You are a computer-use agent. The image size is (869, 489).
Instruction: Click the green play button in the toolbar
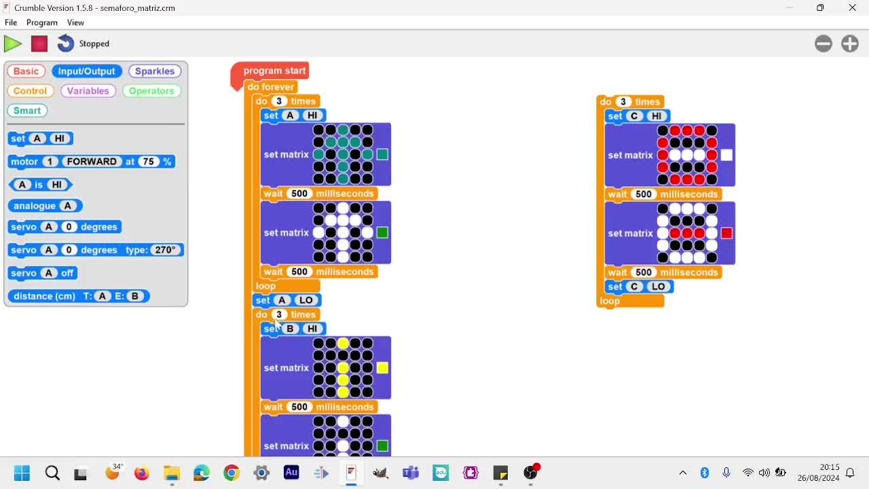[12, 43]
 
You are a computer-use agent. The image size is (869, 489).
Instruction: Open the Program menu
[42, 22]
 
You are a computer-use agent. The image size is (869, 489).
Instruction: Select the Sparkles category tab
[154, 71]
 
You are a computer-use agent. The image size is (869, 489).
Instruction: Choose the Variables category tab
[88, 91]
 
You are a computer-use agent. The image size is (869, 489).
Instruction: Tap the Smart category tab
[27, 111]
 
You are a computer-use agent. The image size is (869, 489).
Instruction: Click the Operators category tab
[151, 91]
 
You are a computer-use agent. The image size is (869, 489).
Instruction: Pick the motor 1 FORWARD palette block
[92, 162]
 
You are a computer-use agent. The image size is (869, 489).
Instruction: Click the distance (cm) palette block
[79, 296]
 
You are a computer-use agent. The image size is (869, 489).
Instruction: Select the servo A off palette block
[43, 273]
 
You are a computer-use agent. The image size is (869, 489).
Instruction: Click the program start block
[274, 71]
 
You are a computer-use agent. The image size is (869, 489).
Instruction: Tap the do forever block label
[271, 87]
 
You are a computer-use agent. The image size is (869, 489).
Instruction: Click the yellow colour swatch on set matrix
[382, 368]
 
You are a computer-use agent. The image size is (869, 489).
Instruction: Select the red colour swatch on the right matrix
[726, 233]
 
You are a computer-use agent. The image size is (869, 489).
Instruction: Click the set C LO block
[639, 287]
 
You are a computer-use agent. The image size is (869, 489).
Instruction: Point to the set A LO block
[286, 300]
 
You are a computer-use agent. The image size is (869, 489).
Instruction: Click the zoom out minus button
[824, 43]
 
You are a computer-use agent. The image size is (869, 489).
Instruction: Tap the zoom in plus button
[849, 43]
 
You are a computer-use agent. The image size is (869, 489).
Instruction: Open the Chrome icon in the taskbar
[232, 473]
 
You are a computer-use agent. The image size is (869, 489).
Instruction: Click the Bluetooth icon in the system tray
[705, 473]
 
